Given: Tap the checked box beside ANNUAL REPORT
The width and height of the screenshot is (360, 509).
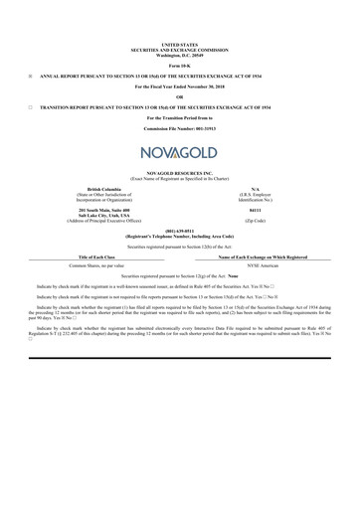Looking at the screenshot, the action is (31, 76).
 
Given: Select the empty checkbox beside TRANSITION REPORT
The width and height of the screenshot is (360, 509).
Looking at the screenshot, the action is (31, 105).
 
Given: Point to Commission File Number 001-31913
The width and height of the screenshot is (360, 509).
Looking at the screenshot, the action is (179, 129).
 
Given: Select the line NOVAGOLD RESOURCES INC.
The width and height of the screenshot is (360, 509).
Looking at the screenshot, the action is (179, 172).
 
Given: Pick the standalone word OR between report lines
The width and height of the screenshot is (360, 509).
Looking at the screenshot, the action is (179, 95).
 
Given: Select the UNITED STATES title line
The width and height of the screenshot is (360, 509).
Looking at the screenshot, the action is (179, 45).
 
